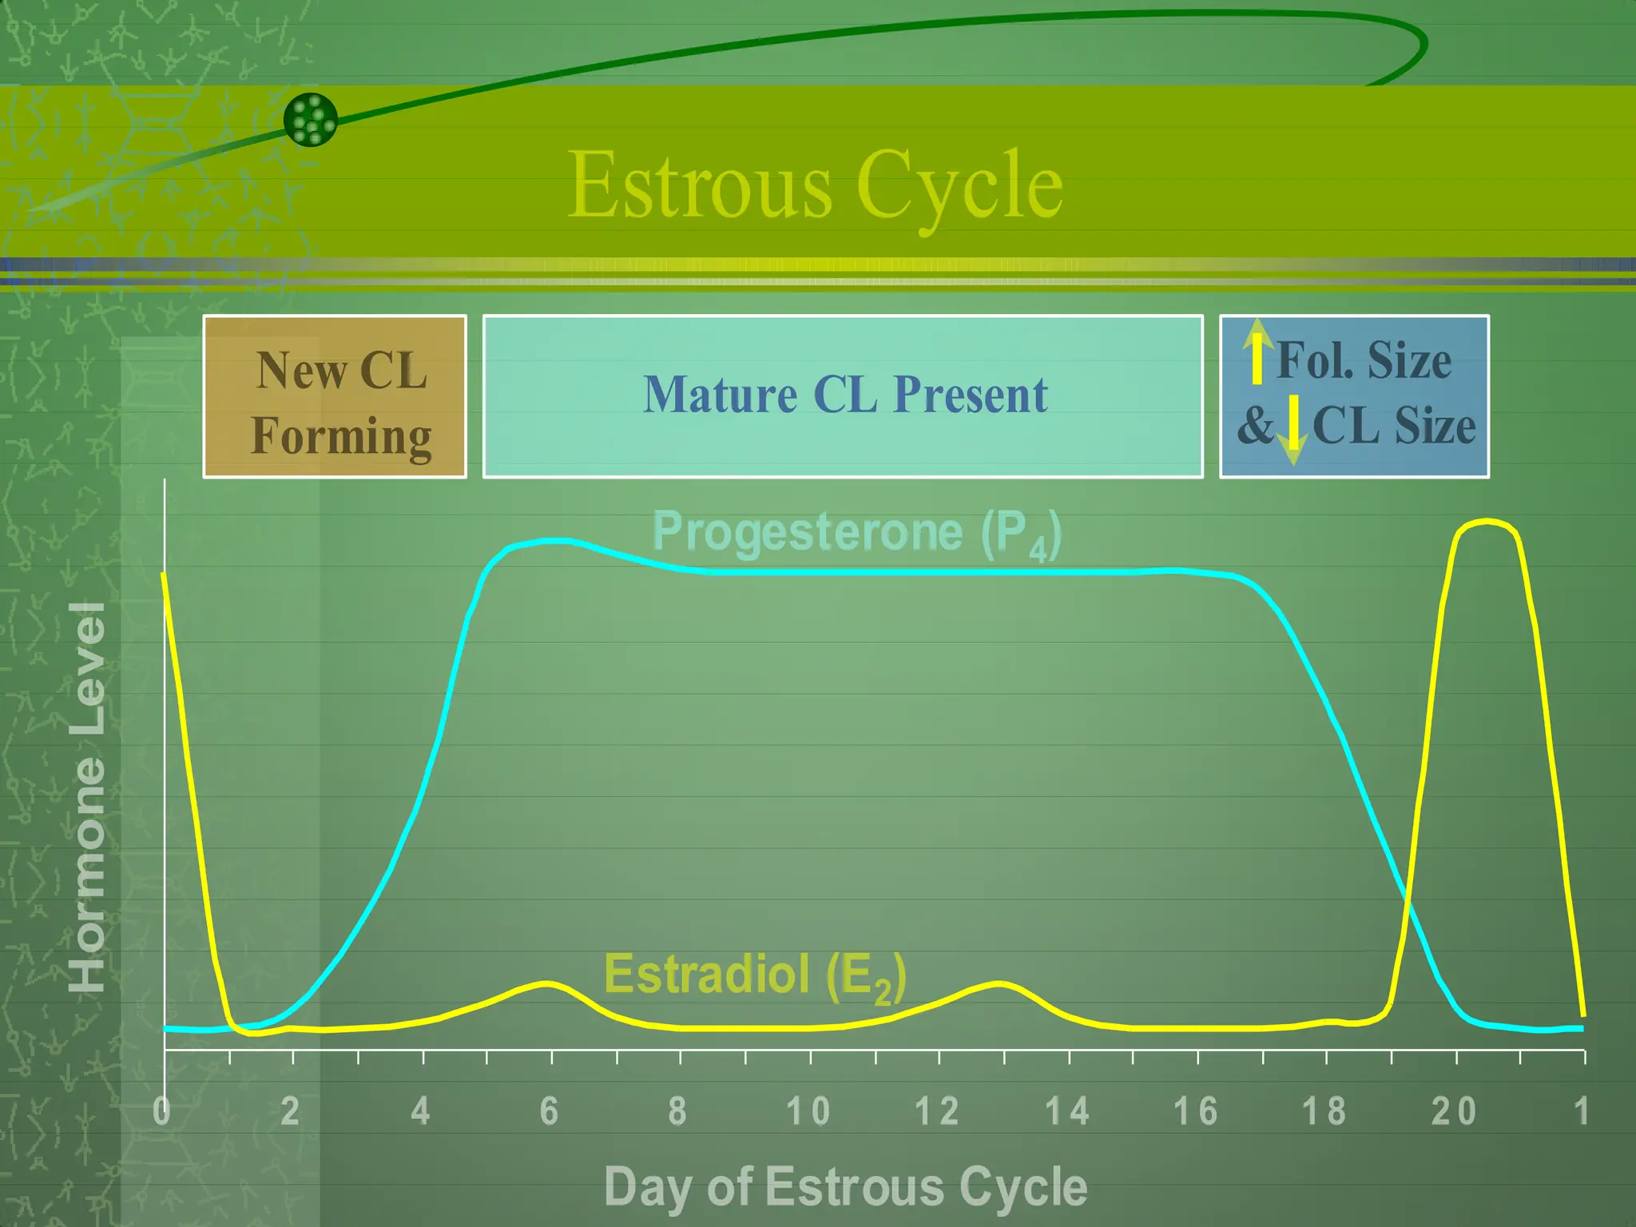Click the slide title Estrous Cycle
click(815, 185)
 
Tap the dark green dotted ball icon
click(311, 120)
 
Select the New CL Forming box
click(335, 397)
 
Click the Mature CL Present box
click(843, 396)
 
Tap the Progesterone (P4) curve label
click(856, 533)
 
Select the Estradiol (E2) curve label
click(754, 975)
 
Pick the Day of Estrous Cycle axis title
click(845, 1186)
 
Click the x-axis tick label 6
click(549, 1111)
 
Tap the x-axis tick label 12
click(937, 1111)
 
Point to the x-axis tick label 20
click(1453, 1111)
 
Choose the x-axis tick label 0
click(162, 1111)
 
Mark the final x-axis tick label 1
click(1581, 1111)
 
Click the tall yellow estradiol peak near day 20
click(1486, 522)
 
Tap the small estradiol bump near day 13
click(999, 983)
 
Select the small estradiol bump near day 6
click(547, 983)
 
